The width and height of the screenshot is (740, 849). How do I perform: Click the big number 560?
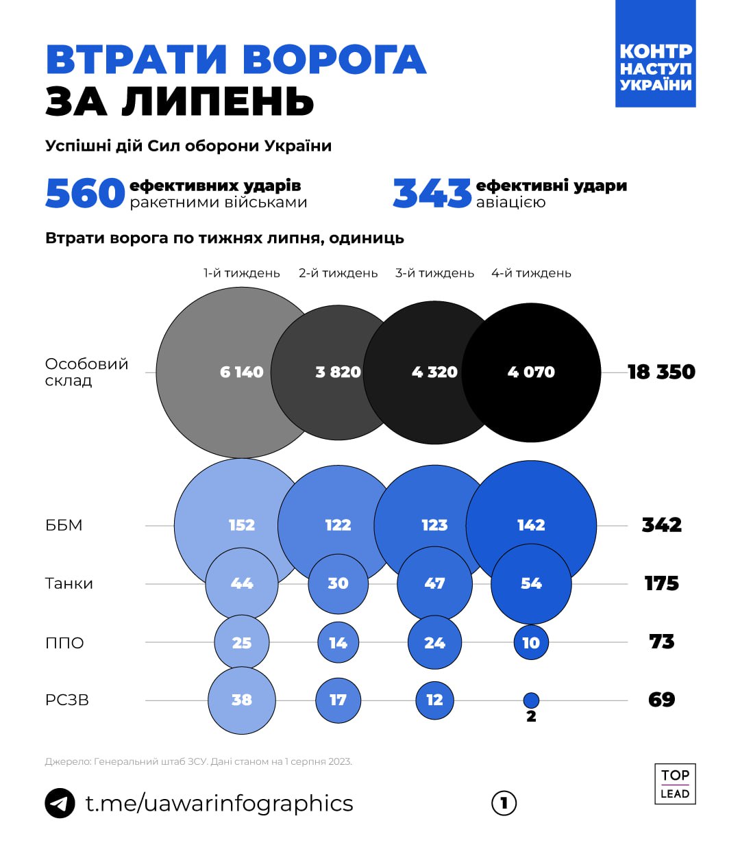[85, 193]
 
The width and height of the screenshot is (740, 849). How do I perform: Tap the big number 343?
[432, 193]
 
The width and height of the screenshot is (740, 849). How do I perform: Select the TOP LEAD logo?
[675, 783]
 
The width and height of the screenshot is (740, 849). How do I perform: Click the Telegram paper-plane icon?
[60, 803]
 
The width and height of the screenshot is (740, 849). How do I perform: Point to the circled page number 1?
[504, 803]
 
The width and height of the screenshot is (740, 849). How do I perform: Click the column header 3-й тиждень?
[434, 273]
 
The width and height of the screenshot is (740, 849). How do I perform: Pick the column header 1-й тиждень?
[242, 273]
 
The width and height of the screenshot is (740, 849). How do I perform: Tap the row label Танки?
[69, 583]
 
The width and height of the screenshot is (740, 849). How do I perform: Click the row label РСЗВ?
[67, 700]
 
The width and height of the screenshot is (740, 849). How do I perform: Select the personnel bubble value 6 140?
[241, 372]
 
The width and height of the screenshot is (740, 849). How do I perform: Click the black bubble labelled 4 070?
[531, 372]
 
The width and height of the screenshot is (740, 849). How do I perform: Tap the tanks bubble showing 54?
[531, 583]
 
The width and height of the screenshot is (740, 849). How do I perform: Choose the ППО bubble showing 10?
[531, 643]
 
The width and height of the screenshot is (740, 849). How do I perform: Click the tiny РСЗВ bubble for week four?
[531, 700]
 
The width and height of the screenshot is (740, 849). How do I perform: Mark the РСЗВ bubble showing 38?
[242, 700]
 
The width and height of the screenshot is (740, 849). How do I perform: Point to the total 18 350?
[661, 372]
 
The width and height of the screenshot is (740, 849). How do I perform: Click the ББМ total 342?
[662, 525]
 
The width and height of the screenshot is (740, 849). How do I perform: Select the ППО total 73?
[662, 642]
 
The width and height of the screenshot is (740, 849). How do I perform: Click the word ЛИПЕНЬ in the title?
[218, 101]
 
